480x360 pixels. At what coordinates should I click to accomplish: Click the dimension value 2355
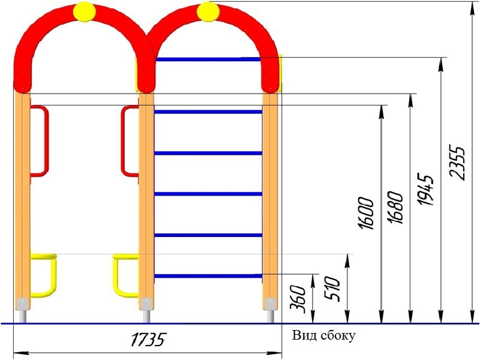pos(457,163)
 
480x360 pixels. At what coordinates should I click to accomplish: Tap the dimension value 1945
pos(425,189)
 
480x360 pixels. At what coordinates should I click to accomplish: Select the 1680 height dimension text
pos(395,208)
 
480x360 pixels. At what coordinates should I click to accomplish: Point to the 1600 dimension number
pos(366,213)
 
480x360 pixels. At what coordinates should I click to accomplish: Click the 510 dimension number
pos(332,289)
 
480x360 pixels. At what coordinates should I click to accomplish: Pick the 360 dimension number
pos(298,299)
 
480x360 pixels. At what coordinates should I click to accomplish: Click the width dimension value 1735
pos(148,339)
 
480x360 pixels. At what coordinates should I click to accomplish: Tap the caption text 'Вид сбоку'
pos(323,335)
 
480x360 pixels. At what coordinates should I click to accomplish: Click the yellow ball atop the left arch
pos(84,11)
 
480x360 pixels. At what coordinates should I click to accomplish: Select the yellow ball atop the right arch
pos(208,11)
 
